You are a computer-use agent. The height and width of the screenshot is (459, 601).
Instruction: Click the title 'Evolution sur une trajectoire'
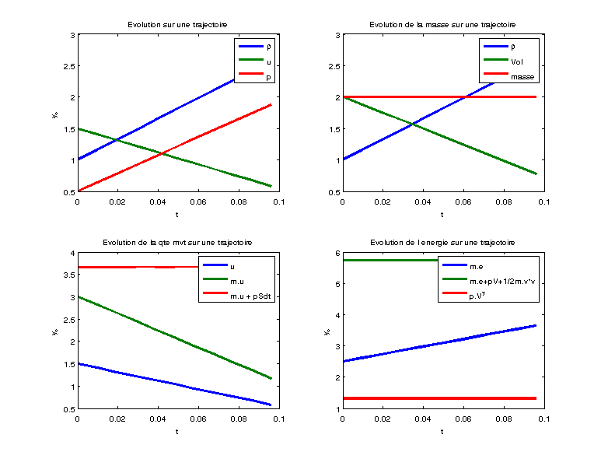tap(178, 25)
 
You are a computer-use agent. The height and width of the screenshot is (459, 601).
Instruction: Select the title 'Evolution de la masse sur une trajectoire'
tap(442, 25)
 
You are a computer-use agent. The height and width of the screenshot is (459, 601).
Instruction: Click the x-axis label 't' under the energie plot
tap(442, 431)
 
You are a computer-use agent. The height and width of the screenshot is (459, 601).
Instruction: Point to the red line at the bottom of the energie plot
tap(442, 398)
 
